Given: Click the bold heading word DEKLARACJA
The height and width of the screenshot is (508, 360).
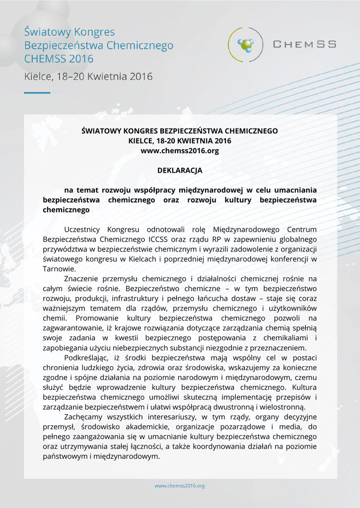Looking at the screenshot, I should (x=180, y=170).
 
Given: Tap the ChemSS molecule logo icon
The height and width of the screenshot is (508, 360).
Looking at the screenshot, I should (x=245, y=45).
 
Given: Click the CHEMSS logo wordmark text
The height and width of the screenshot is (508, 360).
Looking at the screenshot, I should (x=304, y=44).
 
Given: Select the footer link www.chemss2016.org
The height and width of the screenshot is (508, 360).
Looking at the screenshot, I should (x=180, y=486).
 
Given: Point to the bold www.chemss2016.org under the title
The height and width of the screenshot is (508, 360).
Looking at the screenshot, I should (x=180, y=151).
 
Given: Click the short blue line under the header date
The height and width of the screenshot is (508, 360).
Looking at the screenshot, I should (x=37, y=93).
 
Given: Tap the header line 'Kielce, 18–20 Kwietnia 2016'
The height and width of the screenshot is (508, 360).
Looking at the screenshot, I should (x=88, y=77).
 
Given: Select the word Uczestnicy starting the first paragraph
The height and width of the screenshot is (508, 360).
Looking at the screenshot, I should (x=82, y=229).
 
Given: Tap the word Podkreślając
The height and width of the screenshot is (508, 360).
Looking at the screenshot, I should (x=87, y=358).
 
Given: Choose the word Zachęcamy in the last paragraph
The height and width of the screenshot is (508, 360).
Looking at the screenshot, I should (x=83, y=417).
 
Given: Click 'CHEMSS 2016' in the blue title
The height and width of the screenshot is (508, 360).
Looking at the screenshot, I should (x=59, y=59).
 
